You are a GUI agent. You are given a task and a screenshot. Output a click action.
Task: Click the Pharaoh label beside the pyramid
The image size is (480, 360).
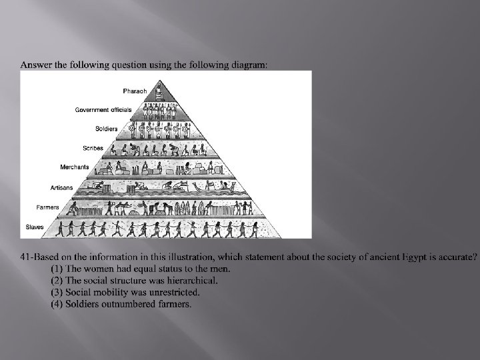point(135,91)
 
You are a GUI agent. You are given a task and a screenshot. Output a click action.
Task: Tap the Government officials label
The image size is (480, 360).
point(103,109)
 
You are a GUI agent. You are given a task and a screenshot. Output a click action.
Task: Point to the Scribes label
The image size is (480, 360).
point(93,148)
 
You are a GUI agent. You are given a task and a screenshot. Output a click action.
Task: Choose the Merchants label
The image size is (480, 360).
point(75,167)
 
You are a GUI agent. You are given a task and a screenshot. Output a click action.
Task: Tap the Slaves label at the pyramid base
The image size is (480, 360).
point(34,227)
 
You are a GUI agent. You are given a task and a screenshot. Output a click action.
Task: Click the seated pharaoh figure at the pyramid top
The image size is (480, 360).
point(159,91)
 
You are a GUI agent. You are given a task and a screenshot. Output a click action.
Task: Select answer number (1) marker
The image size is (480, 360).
point(57,269)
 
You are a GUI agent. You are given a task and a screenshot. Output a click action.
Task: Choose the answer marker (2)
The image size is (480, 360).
point(57,280)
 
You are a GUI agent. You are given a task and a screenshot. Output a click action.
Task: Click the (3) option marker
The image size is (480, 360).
point(57,292)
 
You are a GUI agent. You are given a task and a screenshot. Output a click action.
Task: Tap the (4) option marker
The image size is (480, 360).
point(57,304)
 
